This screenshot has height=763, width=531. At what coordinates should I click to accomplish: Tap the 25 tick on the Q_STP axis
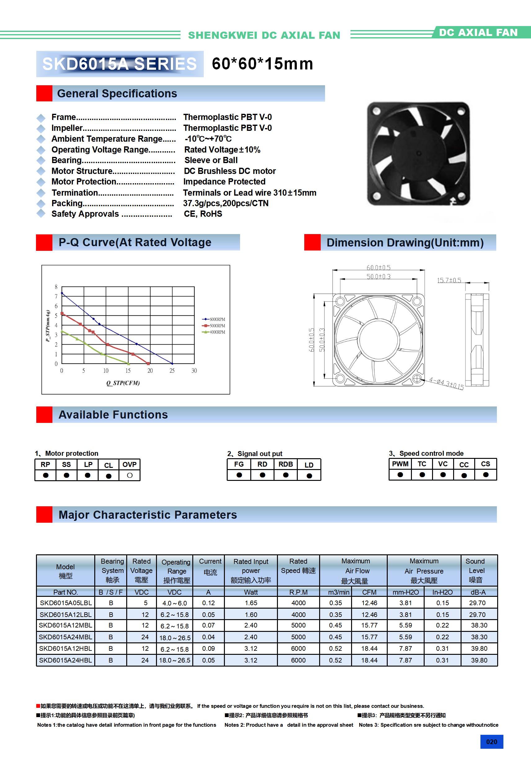pos(172,370)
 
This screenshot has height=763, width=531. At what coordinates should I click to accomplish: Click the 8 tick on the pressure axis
pos(56,287)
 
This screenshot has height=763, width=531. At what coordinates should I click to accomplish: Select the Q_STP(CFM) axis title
pos(123,383)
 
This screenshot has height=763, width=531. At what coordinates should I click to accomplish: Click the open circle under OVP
pos(130,476)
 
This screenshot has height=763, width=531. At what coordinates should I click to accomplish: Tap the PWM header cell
pos(400,464)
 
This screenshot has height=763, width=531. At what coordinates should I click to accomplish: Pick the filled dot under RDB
pos(286,475)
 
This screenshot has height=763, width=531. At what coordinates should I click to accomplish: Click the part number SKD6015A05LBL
pos(65,603)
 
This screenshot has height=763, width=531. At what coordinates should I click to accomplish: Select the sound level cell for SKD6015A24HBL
pos(479,660)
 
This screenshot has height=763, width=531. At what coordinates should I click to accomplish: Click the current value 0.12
pos(208,603)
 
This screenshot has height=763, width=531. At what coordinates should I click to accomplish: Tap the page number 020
pos(491,742)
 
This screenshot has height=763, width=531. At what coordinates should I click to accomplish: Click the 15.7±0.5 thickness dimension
pos(449,281)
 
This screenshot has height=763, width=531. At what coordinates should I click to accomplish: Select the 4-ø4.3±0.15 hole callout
pos(446,383)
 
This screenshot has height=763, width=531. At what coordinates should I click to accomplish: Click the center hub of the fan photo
pos(419,153)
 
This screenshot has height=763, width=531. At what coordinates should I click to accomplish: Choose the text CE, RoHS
pos(203,214)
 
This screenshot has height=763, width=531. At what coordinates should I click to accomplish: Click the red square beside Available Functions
pos(44,415)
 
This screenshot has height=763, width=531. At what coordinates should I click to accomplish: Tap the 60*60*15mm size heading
pos(262,64)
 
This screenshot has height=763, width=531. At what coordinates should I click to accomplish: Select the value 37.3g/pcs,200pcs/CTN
pos(226,203)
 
